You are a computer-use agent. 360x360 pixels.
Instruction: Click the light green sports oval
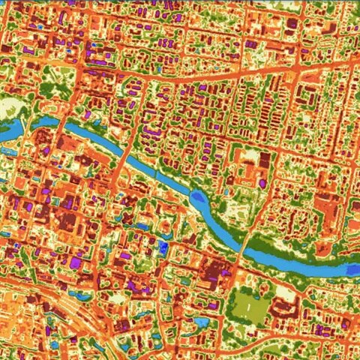248,307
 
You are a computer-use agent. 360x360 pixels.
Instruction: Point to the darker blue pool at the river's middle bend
197,198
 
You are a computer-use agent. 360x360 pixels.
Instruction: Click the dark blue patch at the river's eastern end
352,268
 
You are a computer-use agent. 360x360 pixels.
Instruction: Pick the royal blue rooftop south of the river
163,246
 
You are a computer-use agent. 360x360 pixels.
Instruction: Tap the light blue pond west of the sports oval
201,322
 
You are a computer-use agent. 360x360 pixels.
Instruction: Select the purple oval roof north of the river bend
151,133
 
